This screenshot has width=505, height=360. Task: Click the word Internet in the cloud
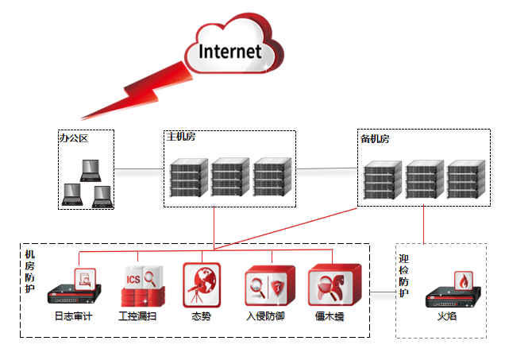pyautogui.click(x=230, y=52)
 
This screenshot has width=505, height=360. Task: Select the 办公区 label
pyautogui.click(x=73, y=138)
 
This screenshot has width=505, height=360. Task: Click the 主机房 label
pyautogui.click(x=180, y=137)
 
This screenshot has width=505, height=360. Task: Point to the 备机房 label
pyautogui.click(x=375, y=139)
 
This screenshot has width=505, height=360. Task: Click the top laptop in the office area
pyautogui.click(x=91, y=168)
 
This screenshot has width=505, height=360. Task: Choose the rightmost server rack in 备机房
pyautogui.click(x=465, y=181)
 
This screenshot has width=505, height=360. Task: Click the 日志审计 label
pyautogui.click(x=73, y=315)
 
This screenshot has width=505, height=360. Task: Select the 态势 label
pyautogui.click(x=202, y=315)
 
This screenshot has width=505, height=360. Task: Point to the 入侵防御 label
pyautogui.click(x=265, y=315)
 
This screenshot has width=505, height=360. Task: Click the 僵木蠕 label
pyautogui.click(x=329, y=315)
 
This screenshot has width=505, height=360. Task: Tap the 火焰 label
pyautogui.click(x=449, y=315)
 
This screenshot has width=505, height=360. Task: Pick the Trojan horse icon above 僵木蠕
pyautogui.click(x=330, y=285)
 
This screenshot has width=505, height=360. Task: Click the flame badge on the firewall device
pyautogui.click(x=463, y=281)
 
